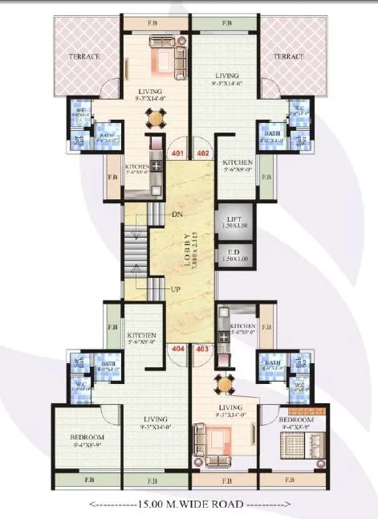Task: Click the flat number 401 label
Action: tap(177, 153)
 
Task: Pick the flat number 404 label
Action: tap(177, 349)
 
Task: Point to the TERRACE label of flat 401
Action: tap(83, 57)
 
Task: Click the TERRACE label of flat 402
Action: tap(289, 57)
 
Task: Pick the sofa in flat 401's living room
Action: tap(166, 58)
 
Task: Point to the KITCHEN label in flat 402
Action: tap(238, 162)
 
